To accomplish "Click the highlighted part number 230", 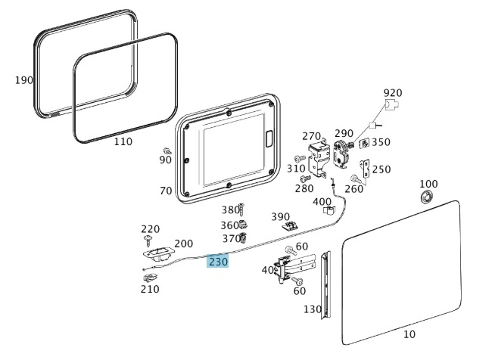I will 218,262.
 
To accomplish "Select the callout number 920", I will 393,93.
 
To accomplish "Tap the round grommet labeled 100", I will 428,198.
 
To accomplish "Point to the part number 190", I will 24,79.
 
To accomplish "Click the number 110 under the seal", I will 123,141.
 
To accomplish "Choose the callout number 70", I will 166,191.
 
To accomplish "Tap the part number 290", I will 344,133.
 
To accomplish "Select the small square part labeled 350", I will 364,143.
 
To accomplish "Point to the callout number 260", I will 353,188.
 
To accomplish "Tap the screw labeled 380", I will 241,209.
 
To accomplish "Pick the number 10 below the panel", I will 409,334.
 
